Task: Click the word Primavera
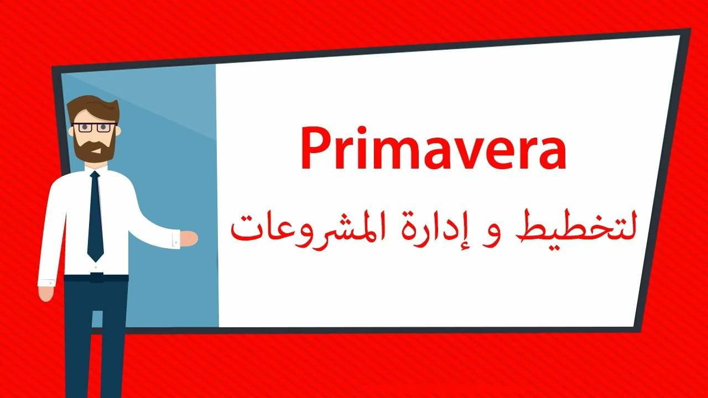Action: coord(433,149)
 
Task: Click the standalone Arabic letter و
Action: coord(489,236)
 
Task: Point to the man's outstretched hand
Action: coord(189,238)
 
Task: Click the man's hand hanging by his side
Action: coord(46,293)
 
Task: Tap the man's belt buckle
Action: coord(96,277)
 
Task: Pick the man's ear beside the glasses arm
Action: coord(118,130)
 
